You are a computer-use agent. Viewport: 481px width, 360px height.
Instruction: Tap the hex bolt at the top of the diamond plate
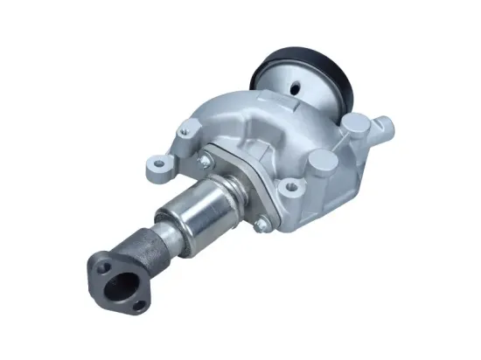pos(203,161)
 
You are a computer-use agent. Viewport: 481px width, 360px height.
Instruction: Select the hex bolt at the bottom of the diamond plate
pos(260,225)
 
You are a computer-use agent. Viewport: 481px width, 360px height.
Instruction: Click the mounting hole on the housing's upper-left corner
pos(185,132)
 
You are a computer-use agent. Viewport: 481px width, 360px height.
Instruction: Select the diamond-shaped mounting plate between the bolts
pos(232,188)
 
